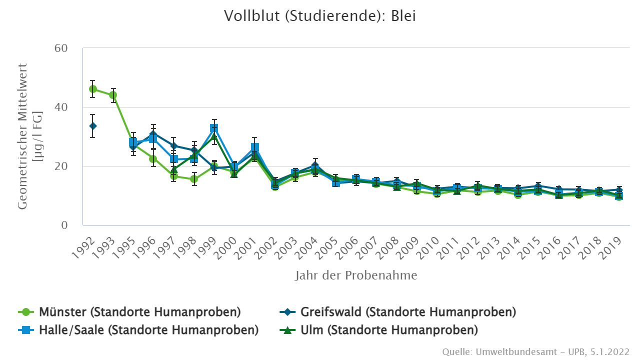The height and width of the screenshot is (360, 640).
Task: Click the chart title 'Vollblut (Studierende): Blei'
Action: pos(320,16)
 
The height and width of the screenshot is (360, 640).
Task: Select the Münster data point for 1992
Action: pos(93,89)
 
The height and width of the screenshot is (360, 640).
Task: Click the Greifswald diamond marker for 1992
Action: pos(93,126)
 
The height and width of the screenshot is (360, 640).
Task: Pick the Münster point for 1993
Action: pos(113,95)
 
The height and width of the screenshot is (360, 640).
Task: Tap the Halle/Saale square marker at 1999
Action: pos(214,128)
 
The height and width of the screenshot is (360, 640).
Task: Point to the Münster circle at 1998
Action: pos(194,179)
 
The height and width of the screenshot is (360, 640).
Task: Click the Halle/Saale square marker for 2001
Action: pos(254,147)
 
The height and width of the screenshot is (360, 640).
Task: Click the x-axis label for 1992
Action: pos(87,246)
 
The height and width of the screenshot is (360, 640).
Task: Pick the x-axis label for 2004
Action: pos(309,246)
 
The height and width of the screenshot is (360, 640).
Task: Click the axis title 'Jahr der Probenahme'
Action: pos(356,275)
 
